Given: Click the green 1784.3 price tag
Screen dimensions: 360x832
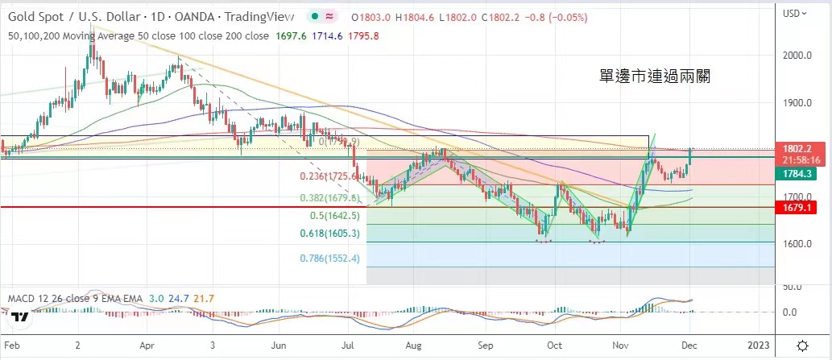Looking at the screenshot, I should coord(801,173).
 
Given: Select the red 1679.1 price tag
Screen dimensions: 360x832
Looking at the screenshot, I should coord(801,208).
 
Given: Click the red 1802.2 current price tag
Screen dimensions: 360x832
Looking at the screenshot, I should coord(801,149).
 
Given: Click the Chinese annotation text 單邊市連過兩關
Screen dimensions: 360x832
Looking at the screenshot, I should coord(655,77).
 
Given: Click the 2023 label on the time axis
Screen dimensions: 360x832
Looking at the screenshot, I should coord(759,346).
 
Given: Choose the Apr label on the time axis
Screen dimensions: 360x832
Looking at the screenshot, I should coord(147,346).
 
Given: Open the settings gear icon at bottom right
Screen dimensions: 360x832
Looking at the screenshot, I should coord(802,346).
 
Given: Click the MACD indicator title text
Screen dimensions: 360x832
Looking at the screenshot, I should coord(74,299).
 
